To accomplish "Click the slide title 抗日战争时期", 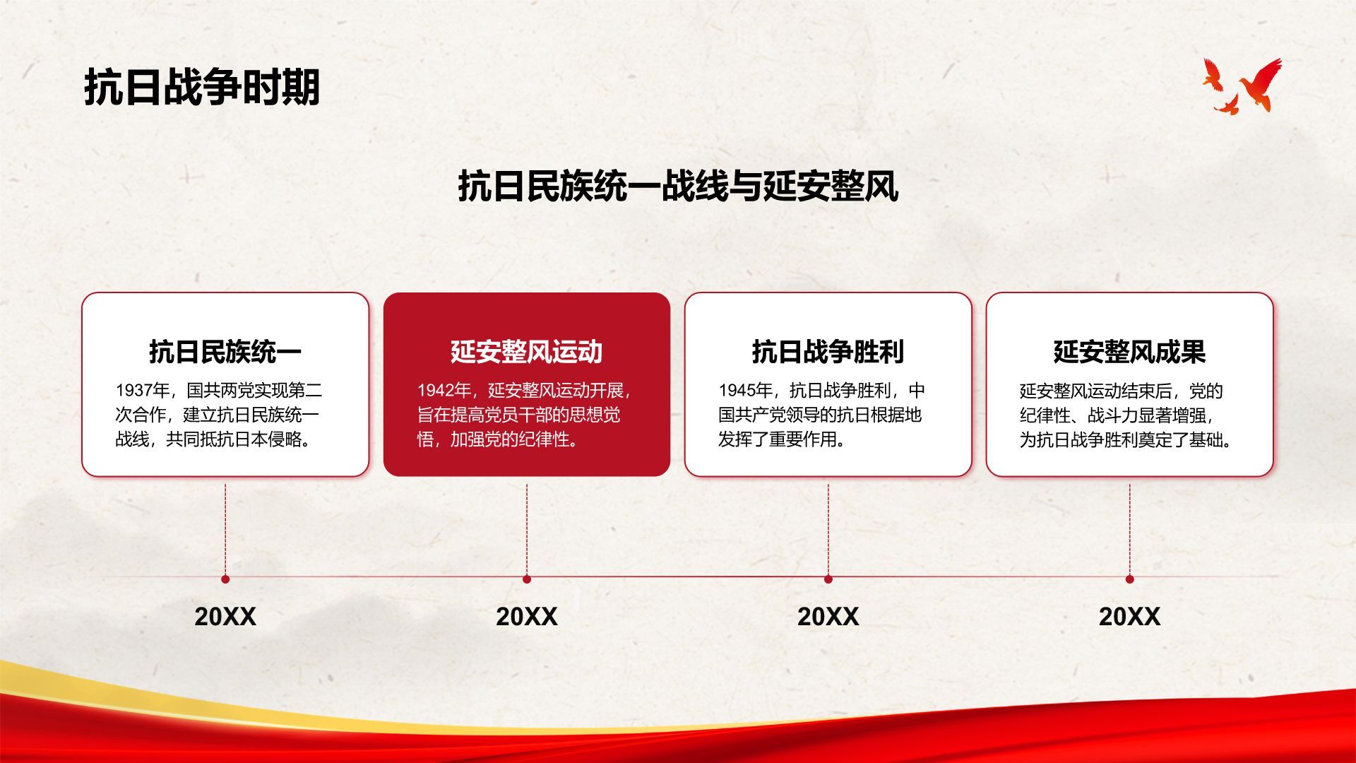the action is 202,88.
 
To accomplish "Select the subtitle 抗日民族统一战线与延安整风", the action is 678,187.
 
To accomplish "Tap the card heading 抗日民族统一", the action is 225,351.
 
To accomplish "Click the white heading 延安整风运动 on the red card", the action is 527,351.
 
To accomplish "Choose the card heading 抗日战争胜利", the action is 828,351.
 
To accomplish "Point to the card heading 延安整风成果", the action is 1129,351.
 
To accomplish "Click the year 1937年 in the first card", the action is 143,391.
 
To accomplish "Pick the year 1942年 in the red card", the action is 444,391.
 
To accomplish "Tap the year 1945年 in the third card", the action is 746,391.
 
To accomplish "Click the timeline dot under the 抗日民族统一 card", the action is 225,579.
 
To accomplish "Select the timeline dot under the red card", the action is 527,579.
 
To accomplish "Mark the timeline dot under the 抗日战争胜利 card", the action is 828,579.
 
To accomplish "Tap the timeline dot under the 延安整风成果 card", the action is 1130,579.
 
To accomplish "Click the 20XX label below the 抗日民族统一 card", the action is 225,617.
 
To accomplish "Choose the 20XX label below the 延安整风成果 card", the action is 1129,617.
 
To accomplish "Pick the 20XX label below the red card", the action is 527,617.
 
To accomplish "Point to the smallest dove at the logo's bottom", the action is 1227,106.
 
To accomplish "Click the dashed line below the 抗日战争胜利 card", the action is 828,529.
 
